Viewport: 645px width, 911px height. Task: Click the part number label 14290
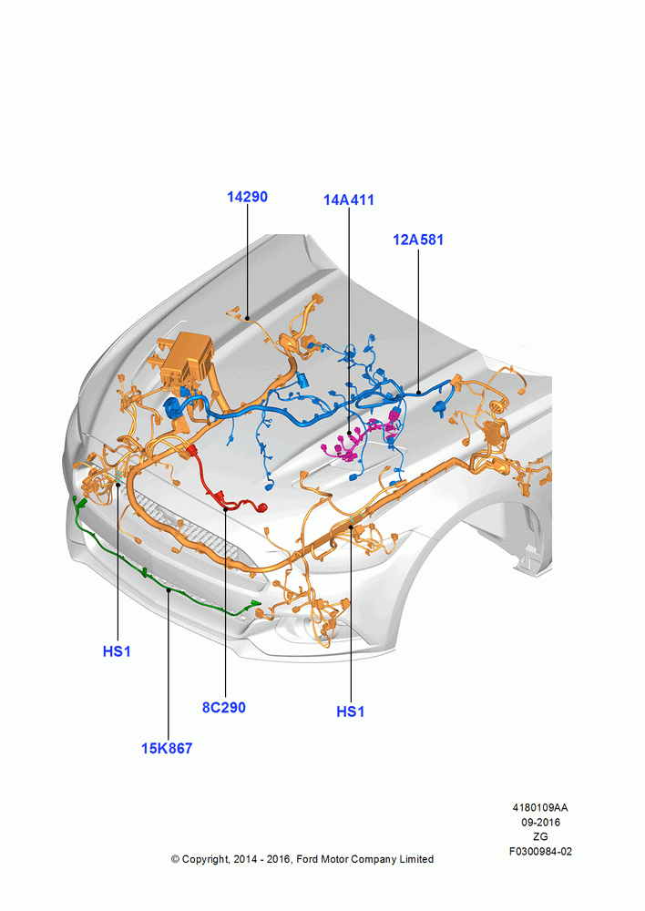(247, 197)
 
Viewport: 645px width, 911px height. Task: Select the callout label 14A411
(349, 200)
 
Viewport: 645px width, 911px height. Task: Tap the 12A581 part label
(418, 240)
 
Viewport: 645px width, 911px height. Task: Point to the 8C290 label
(224, 707)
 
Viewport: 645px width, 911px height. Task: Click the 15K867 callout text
(167, 748)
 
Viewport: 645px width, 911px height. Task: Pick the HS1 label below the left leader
(117, 652)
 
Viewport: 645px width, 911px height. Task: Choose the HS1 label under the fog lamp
(351, 711)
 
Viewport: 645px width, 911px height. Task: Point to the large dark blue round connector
(173, 408)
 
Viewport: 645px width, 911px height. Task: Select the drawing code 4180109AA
(540, 807)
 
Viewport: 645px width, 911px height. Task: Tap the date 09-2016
(540, 822)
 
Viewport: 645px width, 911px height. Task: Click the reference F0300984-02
(540, 852)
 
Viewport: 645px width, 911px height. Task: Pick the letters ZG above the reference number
(540, 836)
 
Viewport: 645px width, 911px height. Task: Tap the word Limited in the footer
(416, 859)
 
